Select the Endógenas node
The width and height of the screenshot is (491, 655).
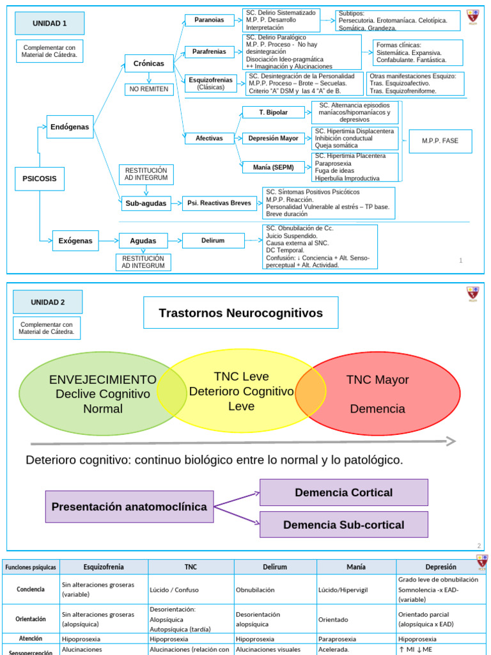click(x=70, y=127)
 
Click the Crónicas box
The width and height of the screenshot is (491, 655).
click(x=148, y=64)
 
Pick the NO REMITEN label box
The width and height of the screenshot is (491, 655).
click(x=148, y=89)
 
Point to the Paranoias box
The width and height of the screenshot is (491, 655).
click(x=209, y=20)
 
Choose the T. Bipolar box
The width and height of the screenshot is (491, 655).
click(x=273, y=113)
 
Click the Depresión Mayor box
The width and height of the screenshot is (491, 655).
click(x=273, y=138)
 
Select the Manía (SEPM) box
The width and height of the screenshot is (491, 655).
click(x=273, y=168)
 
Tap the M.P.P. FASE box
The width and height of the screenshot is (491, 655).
click(x=440, y=141)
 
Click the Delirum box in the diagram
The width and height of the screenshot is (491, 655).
click(x=212, y=241)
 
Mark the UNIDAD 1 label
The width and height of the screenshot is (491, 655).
click(x=50, y=24)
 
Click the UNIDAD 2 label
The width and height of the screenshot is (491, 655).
click(x=48, y=302)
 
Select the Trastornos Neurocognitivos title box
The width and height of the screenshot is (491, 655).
click(x=240, y=313)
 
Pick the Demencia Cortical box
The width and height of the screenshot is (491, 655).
click(x=343, y=493)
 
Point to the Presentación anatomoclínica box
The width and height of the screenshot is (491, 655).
click(x=129, y=507)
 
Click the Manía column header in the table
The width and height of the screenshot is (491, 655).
click(x=356, y=567)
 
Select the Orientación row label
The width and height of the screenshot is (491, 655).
click(x=31, y=619)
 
